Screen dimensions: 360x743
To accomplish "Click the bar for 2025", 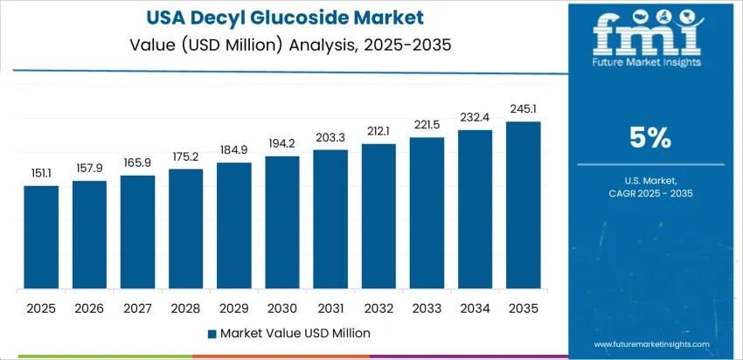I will click(41, 238).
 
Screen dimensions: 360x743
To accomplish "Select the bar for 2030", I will click(282, 223).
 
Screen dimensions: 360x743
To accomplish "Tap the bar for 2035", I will click(524, 205).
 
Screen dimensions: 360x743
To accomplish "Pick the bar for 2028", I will click(185, 229).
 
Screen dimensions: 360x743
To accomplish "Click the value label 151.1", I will click(41, 172).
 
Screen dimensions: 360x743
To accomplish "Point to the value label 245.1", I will click(524, 108).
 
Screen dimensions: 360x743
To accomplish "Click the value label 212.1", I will click(378, 131).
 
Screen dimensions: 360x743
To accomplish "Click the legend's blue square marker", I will click(212, 333).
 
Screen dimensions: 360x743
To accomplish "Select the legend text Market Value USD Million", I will click(295, 333).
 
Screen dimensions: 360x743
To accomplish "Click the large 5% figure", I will click(649, 138).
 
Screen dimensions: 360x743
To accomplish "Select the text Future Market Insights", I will click(648, 62).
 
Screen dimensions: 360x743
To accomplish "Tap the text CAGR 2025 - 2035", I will click(649, 193).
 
